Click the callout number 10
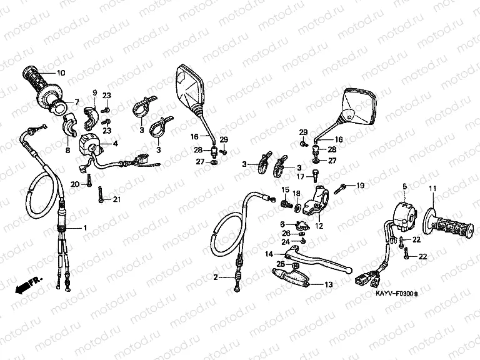[x=61, y=73]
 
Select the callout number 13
[x=329, y=284]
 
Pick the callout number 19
[x=360, y=186]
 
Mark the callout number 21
[x=116, y=199]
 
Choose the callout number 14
[x=269, y=254]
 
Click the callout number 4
[x=116, y=143]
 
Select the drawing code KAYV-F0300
[x=397, y=292]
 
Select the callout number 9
[x=96, y=92]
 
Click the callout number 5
[x=404, y=187]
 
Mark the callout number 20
[x=74, y=184]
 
